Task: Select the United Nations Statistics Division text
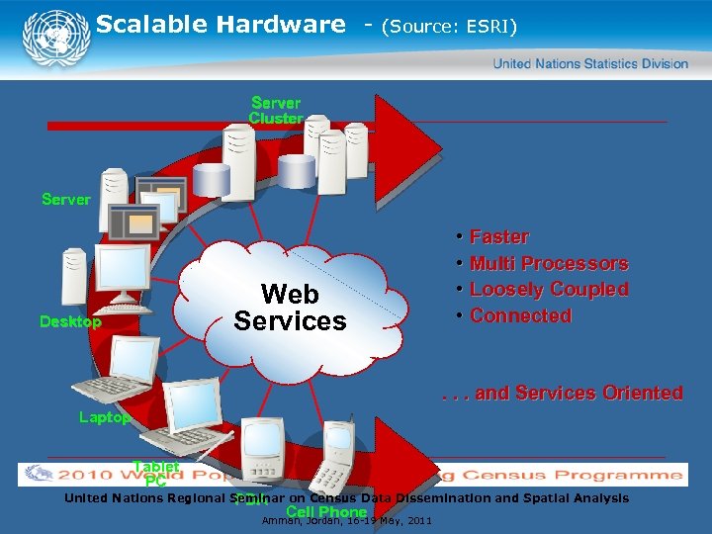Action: [x=590, y=63]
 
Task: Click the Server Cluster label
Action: [x=276, y=110]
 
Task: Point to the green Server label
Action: [x=66, y=199]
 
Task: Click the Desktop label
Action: [x=70, y=321]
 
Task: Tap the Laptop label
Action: [x=104, y=417]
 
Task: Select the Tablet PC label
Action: [x=156, y=474]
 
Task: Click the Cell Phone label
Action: [x=325, y=511]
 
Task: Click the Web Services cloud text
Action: [x=290, y=308]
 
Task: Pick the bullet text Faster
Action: [x=499, y=237]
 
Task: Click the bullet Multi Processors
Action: [x=549, y=263]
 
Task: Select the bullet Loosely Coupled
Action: [x=549, y=290]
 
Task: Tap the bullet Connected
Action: [x=520, y=315]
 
